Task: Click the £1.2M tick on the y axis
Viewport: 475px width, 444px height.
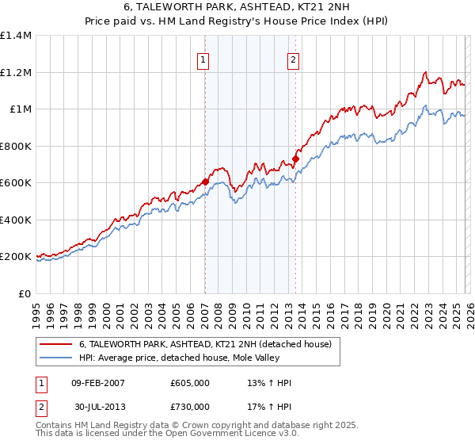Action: tap(16, 72)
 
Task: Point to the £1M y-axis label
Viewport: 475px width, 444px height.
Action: tap(20, 109)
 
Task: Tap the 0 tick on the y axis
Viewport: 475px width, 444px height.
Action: tap(26, 293)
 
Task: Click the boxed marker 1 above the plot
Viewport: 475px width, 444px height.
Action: tap(204, 59)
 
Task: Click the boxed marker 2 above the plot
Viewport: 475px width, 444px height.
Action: tap(294, 59)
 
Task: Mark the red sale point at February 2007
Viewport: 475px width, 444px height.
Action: tap(205, 182)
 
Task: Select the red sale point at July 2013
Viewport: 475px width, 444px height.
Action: tap(295, 159)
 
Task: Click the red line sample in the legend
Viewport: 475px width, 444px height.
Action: tap(55, 345)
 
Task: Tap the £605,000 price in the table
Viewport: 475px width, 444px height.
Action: tap(189, 383)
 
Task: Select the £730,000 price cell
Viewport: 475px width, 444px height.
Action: tap(189, 407)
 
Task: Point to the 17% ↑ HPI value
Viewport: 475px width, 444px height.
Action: tap(270, 407)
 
